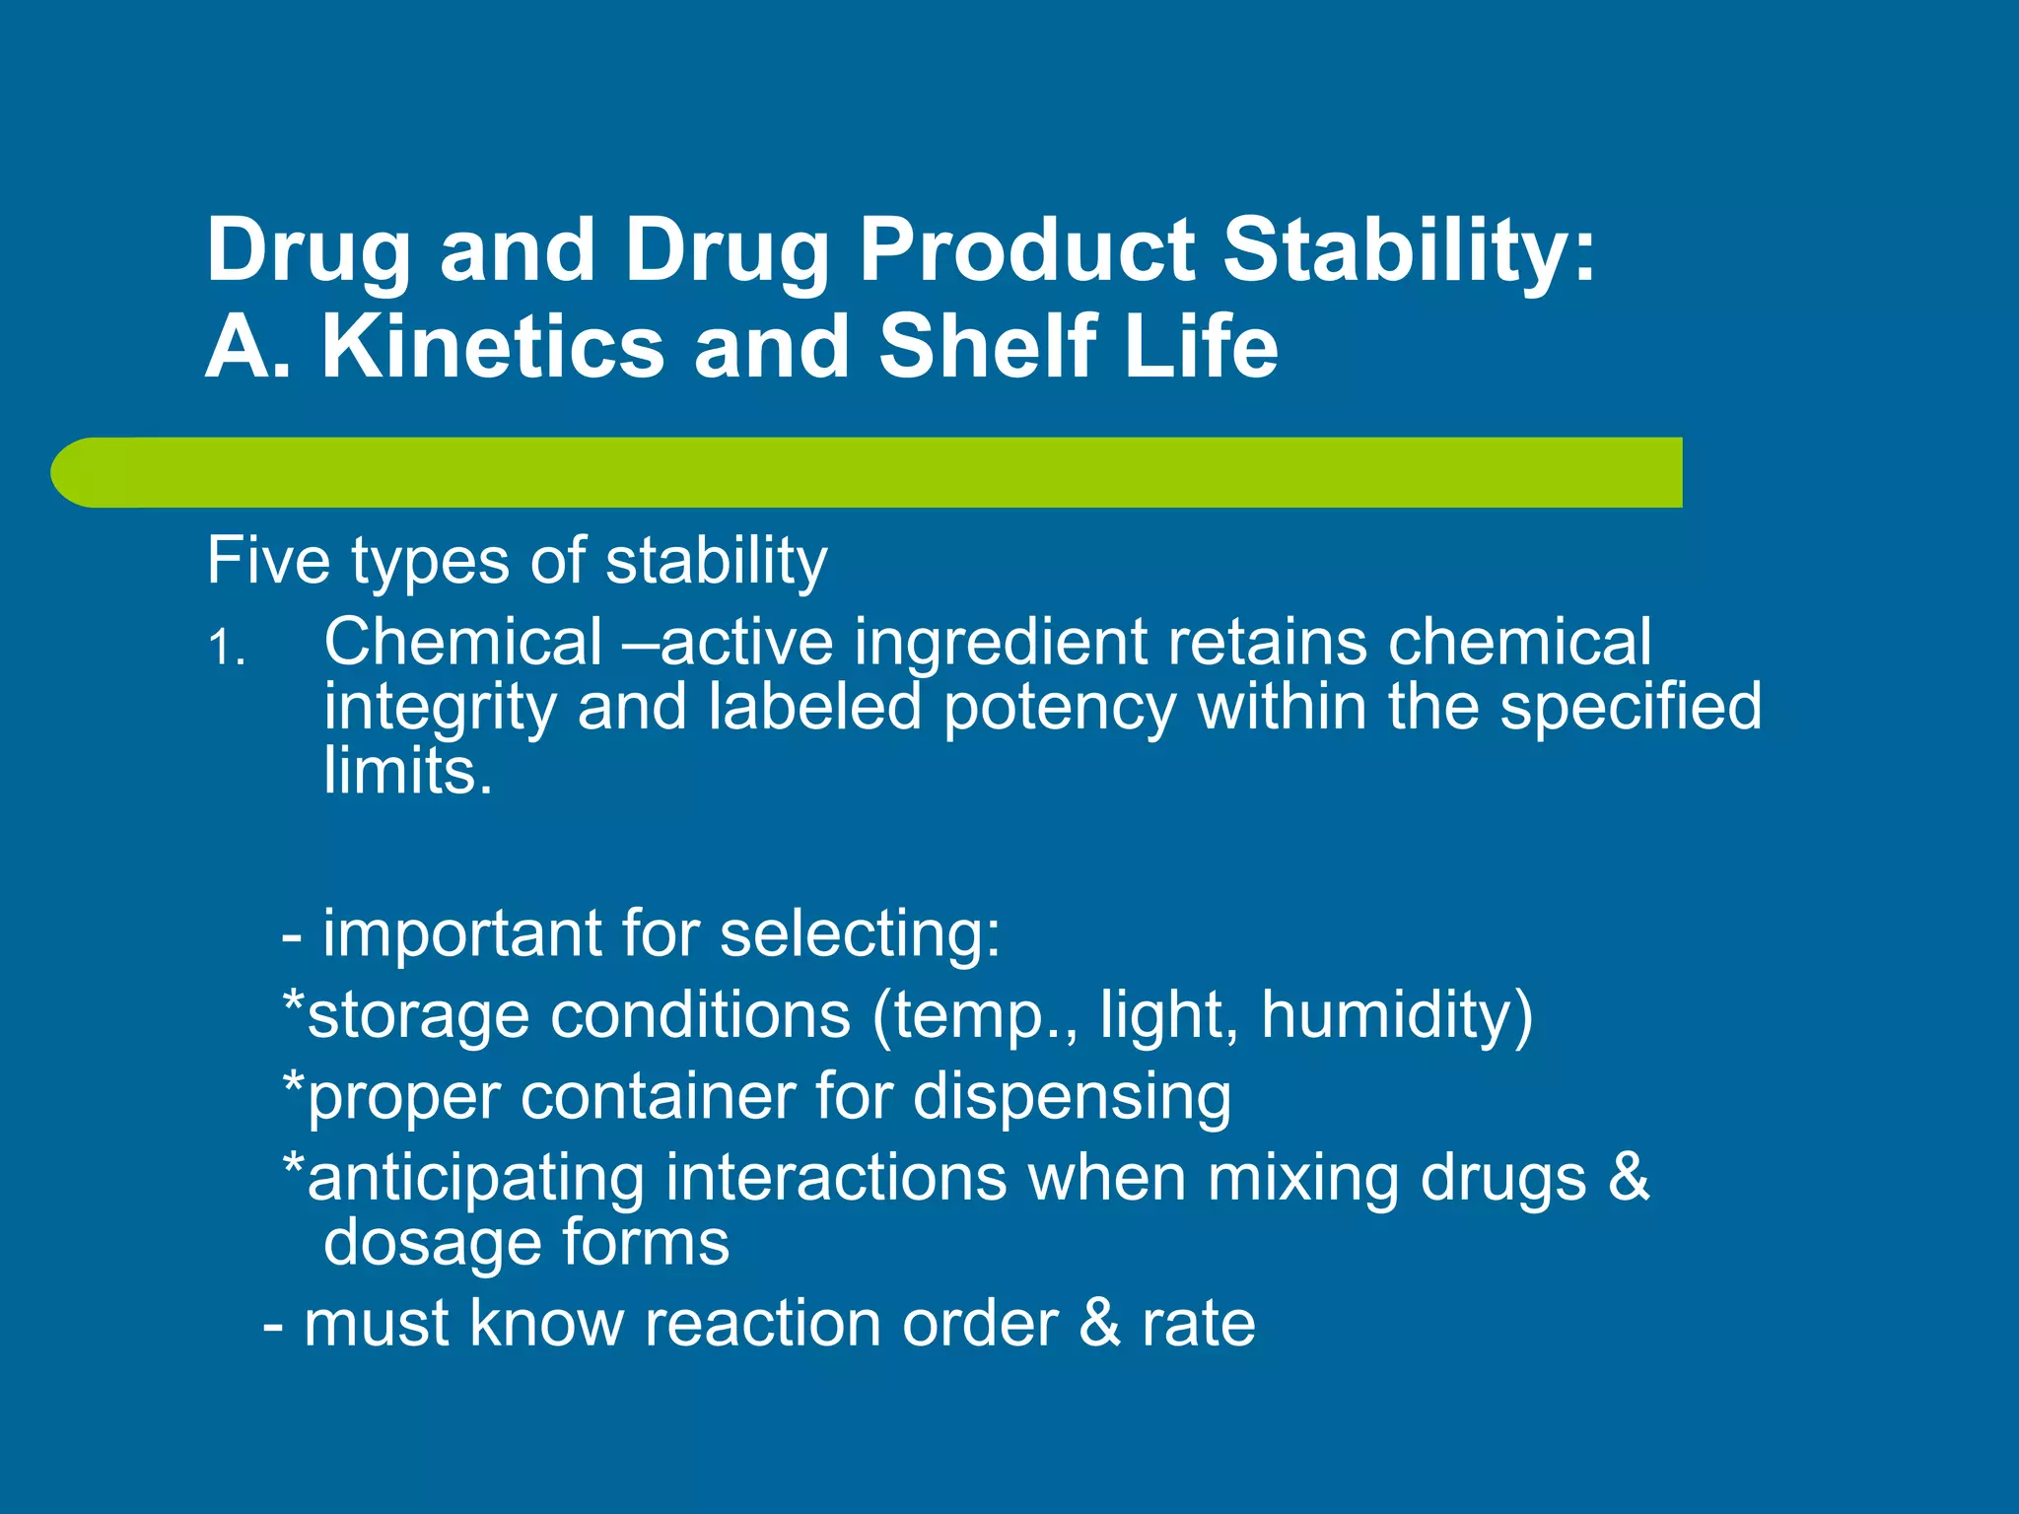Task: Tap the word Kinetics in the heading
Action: coord(493,347)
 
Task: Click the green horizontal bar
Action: coord(868,473)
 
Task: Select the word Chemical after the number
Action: coord(462,643)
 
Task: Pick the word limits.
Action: coord(407,772)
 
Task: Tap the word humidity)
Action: coord(1397,1016)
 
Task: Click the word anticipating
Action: coord(473,1179)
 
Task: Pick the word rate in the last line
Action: coord(1199,1324)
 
